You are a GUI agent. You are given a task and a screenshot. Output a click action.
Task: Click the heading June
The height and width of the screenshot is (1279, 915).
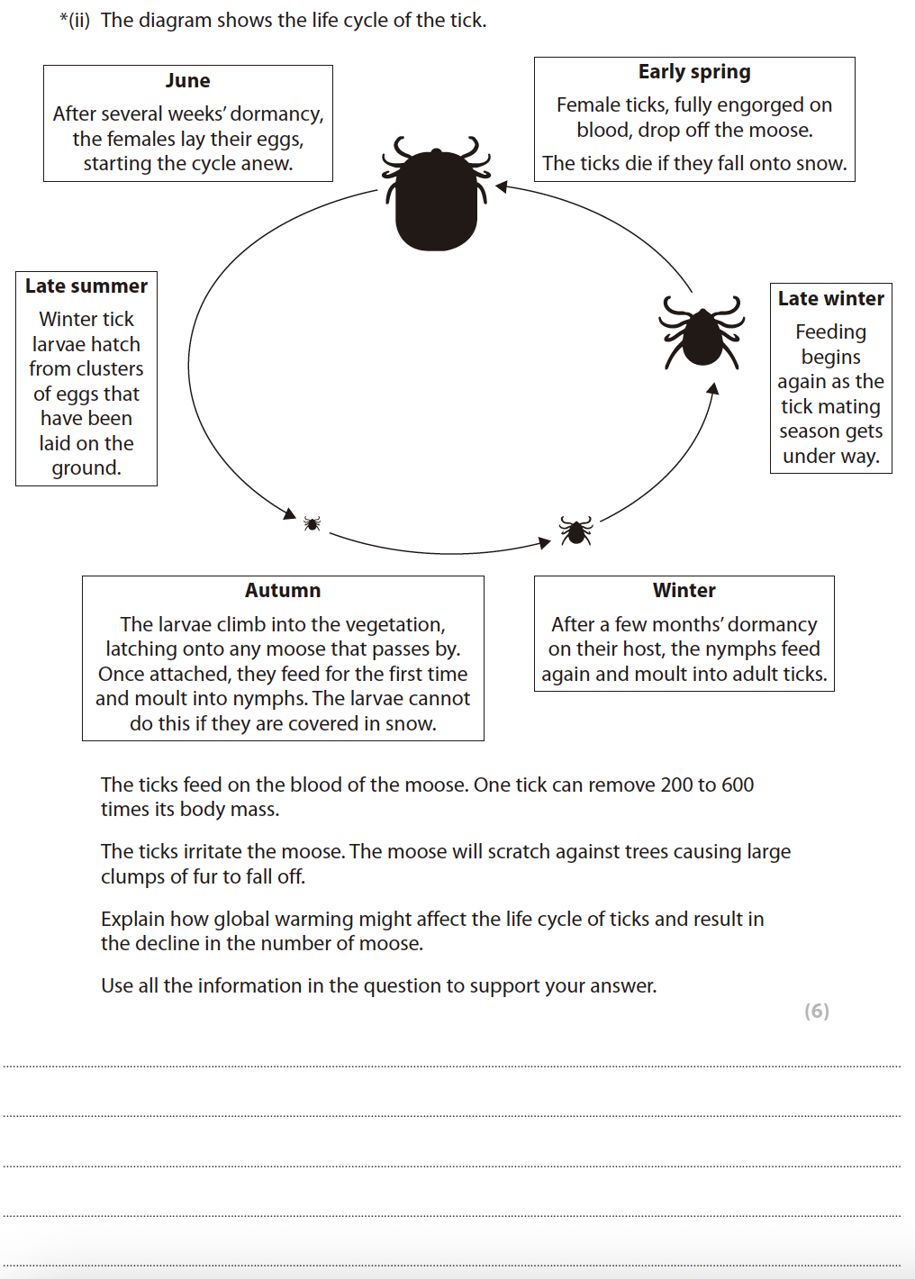click(187, 81)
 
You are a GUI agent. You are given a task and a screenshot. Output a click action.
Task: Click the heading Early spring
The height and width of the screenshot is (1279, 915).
click(694, 72)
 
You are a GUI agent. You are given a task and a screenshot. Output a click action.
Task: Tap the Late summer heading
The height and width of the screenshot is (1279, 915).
click(86, 286)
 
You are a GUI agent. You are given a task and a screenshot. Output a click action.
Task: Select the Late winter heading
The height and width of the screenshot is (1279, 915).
click(831, 299)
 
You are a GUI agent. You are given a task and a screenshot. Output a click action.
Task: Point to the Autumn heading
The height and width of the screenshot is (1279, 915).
click(283, 591)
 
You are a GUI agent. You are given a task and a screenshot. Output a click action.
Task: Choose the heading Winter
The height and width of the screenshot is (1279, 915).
click(684, 591)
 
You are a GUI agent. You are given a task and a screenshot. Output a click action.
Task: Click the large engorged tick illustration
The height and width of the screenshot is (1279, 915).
click(437, 195)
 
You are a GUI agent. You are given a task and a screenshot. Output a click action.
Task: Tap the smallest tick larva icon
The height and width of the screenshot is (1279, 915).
click(312, 523)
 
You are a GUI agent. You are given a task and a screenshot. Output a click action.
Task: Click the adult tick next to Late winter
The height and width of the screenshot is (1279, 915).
click(702, 333)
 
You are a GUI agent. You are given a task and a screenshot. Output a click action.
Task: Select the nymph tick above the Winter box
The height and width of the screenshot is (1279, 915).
click(575, 531)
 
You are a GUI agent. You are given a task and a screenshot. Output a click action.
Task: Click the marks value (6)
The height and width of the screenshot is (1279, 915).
click(817, 1011)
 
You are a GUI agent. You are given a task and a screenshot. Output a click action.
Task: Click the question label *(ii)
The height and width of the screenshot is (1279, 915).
click(75, 21)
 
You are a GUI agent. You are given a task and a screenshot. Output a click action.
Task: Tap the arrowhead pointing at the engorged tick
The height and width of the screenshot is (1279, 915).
click(502, 186)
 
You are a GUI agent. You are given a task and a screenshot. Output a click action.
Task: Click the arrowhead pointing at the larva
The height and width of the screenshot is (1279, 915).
click(290, 513)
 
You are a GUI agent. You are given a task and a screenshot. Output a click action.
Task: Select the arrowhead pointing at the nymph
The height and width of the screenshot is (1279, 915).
click(544, 542)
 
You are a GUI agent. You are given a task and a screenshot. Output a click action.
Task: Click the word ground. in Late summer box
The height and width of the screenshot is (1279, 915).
click(86, 468)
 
